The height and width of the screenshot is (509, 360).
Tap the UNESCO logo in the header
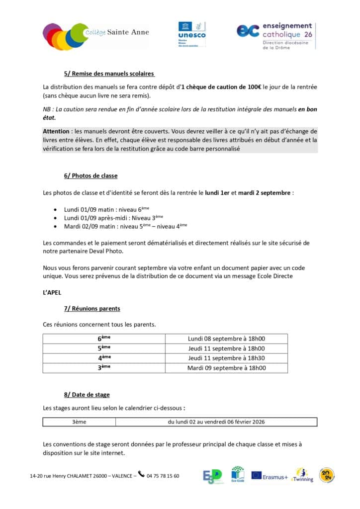[x=191, y=34]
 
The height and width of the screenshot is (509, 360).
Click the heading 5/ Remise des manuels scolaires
[x=109, y=74]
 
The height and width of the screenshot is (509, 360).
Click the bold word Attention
[x=56, y=131]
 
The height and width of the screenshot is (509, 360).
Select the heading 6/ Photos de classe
[x=90, y=175]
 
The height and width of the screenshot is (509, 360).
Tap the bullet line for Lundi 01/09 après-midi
[x=113, y=218]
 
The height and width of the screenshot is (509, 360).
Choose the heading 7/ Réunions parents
[x=92, y=309]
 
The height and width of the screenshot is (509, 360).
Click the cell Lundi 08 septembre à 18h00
[x=226, y=339]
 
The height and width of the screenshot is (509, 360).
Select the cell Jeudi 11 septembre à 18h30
[x=226, y=358]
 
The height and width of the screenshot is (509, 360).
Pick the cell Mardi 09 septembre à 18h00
[x=226, y=368]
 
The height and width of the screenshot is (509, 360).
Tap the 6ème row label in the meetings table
[x=104, y=339]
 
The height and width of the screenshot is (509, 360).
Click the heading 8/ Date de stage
[x=87, y=395]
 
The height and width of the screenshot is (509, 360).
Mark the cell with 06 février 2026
[x=216, y=422]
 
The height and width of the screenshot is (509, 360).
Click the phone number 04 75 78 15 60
[x=163, y=476]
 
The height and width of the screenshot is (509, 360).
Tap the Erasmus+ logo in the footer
[x=270, y=476]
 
